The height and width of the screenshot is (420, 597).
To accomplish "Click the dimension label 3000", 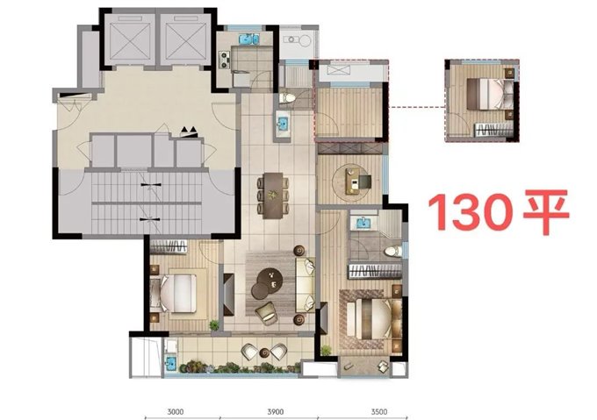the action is (x=176, y=411).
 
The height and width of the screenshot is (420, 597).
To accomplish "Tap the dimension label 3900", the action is (x=276, y=411).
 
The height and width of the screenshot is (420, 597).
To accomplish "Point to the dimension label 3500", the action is (x=379, y=411).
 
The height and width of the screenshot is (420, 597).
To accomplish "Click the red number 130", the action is (x=471, y=211).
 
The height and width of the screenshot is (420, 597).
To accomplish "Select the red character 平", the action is (x=546, y=211).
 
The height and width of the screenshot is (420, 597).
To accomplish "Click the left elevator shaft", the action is (x=130, y=39).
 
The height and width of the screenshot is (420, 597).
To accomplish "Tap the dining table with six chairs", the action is (x=273, y=196).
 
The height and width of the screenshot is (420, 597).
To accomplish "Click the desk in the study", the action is (x=353, y=181).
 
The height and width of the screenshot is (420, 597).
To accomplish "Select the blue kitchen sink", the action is (x=249, y=39).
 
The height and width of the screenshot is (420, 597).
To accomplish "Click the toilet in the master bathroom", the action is (x=392, y=251).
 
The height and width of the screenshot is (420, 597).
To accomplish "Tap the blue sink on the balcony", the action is (x=169, y=362).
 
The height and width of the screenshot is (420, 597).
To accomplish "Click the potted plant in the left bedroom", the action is (x=214, y=325).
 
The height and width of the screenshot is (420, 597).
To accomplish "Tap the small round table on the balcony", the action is (x=264, y=352).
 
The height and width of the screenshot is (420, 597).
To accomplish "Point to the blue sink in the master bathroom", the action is (x=364, y=223).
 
